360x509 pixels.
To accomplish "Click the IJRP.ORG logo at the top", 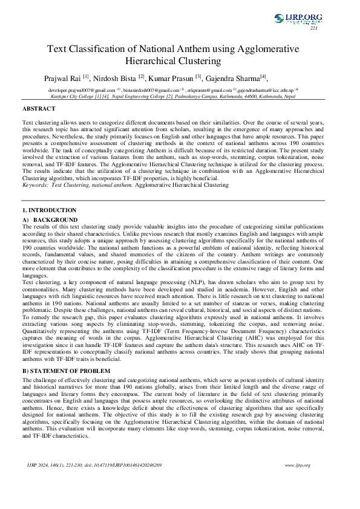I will (x=296, y=18).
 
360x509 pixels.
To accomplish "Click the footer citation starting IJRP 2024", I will (x=94, y=465).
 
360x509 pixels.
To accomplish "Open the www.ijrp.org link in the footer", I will (x=297, y=465).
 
